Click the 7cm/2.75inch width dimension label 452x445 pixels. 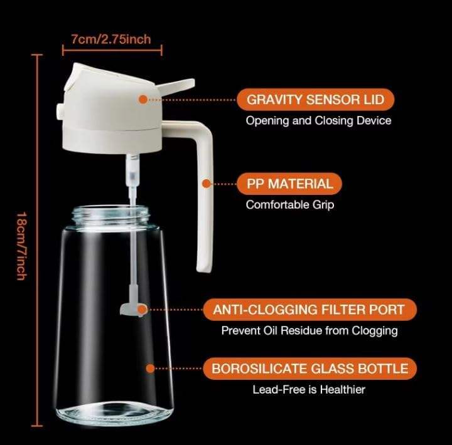111,39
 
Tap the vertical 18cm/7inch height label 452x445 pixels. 21,246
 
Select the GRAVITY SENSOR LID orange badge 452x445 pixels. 315,100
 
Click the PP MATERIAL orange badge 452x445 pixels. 289,184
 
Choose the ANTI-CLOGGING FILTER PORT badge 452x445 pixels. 310,310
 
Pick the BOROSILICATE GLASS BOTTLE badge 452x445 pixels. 310,369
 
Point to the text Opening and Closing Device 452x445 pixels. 318,120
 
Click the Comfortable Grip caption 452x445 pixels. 290,205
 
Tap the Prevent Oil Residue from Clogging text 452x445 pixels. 309,331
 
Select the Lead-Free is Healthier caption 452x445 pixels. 309,390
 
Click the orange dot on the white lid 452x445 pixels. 143,100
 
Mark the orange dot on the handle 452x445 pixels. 206,184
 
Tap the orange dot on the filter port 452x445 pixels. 141,310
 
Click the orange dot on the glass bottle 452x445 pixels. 150,369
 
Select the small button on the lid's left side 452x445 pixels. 60,111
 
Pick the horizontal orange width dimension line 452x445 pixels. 112,50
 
